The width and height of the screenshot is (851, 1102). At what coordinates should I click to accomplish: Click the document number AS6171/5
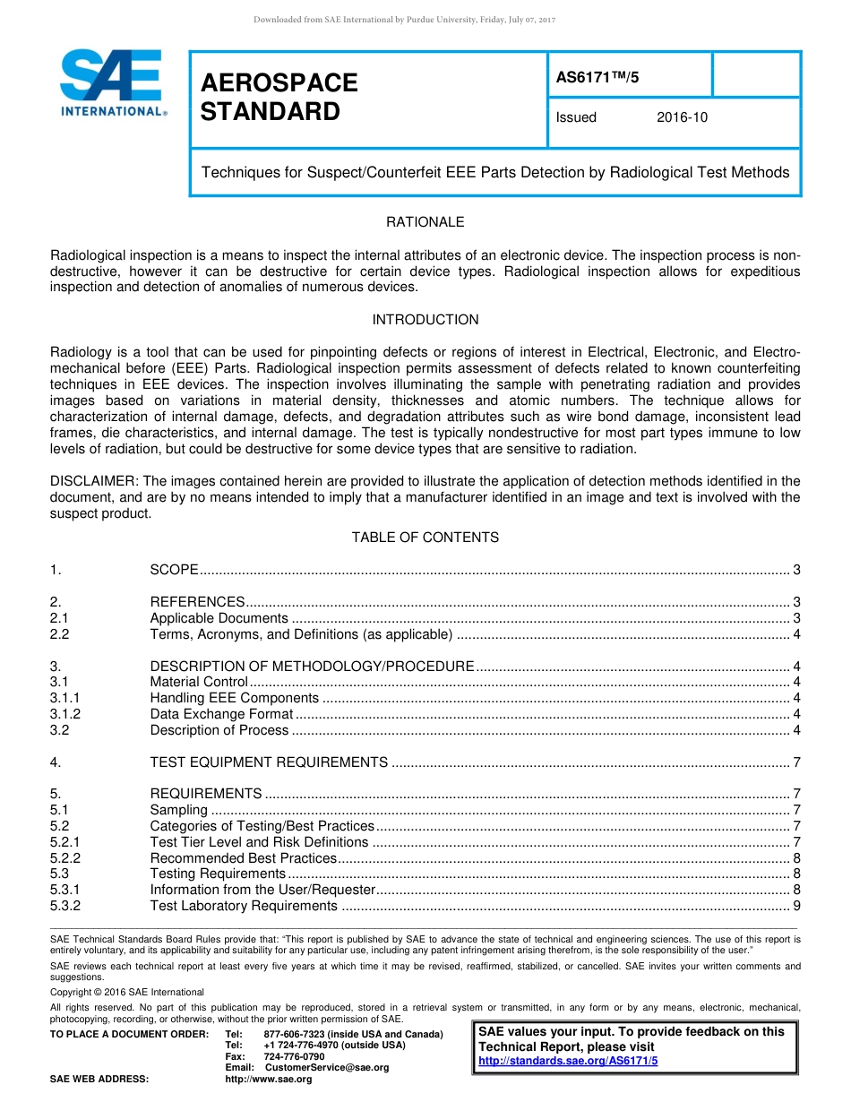tap(597, 77)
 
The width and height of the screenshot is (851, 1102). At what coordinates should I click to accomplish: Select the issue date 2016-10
tap(682, 117)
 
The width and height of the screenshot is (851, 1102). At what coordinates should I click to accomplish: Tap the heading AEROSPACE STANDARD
tap(279, 97)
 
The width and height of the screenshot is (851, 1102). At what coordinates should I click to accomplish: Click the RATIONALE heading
tap(425, 221)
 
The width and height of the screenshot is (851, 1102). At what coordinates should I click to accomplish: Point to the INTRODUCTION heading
tap(425, 319)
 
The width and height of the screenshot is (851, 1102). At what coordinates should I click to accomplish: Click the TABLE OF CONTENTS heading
tap(425, 537)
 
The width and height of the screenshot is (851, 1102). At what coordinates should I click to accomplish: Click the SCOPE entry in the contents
tap(174, 571)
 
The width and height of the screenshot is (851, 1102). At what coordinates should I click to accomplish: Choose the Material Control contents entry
tap(199, 682)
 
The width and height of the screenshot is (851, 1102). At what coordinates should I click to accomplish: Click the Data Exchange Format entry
tap(221, 714)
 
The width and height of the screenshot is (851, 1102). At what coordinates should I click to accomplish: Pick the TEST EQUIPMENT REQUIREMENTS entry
tap(269, 762)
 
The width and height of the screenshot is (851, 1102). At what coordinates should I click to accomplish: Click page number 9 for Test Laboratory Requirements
tap(796, 906)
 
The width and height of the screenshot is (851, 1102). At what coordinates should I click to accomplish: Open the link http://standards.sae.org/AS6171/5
tap(568, 1061)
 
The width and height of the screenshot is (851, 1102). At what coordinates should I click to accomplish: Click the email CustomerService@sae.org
tap(327, 1067)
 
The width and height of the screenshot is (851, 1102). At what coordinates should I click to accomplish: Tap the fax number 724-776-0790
tap(294, 1056)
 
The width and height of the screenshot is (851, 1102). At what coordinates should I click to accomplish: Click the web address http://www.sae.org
tap(269, 1079)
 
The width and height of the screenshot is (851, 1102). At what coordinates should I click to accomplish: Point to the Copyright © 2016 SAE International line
tap(127, 992)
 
